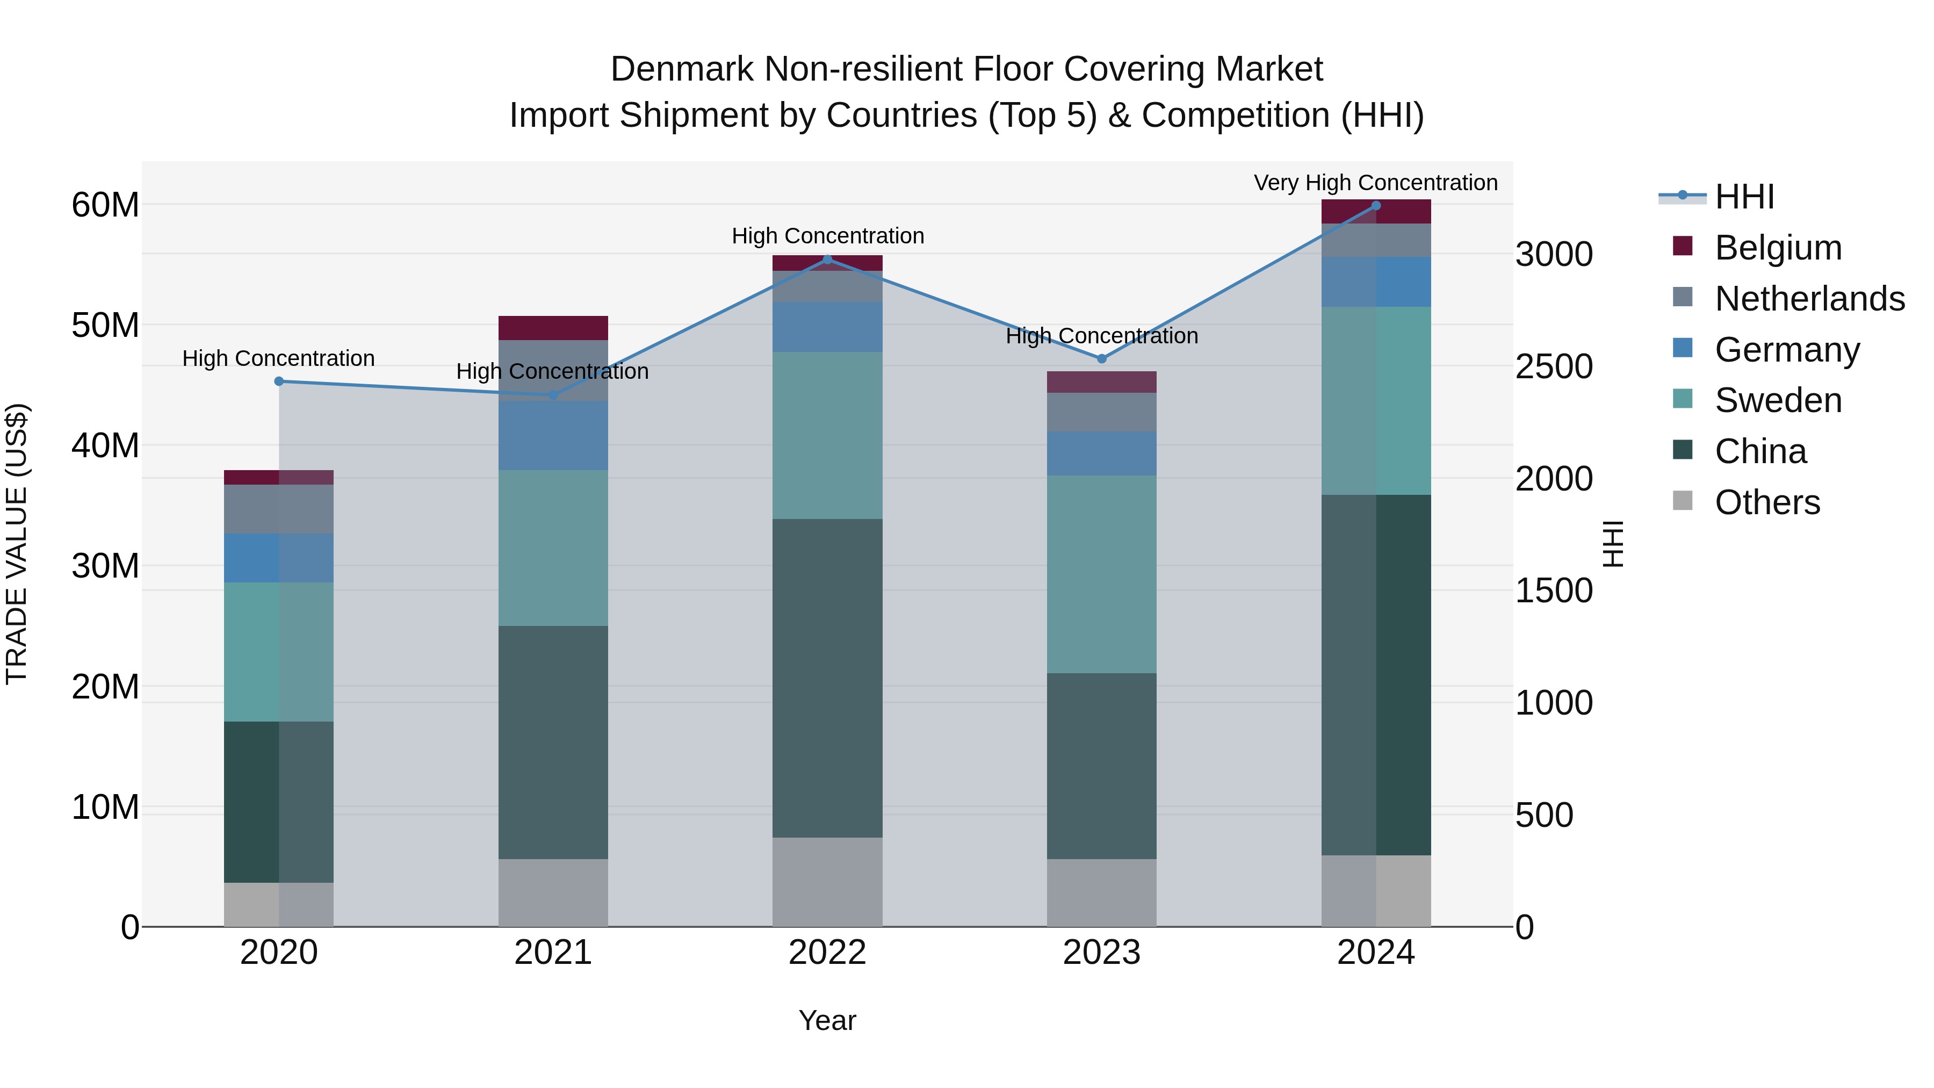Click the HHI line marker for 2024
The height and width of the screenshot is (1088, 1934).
pyautogui.click(x=1375, y=205)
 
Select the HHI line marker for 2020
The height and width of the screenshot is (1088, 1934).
pyautogui.click(x=278, y=381)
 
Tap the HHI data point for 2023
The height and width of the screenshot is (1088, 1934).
pyautogui.click(x=1101, y=359)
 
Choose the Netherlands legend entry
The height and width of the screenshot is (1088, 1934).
pyautogui.click(x=1809, y=299)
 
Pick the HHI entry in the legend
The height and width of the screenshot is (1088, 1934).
pyautogui.click(x=1744, y=197)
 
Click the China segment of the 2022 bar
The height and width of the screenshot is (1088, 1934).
pyautogui.click(x=827, y=678)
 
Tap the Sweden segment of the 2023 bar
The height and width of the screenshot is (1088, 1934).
pyautogui.click(x=1101, y=574)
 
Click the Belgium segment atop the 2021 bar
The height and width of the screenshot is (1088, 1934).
pyautogui.click(x=553, y=328)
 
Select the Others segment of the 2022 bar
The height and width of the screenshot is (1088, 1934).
pyautogui.click(x=827, y=882)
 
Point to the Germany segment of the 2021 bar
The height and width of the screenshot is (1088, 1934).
pyautogui.click(x=553, y=436)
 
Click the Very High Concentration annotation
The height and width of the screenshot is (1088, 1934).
pyautogui.click(x=1375, y=183)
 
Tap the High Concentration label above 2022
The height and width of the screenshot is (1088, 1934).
pyautogui.click(x=827, y=236)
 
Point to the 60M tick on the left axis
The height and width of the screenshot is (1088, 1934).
pyautogui.click(x=105, y=205)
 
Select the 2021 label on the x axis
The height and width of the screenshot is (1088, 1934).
pyautogui.click(x=553, y=953)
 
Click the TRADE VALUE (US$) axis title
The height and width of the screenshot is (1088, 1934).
pyautogui.click(x=17, y=544)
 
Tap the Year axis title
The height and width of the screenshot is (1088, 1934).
pyautogui.click(x=827, y=1020)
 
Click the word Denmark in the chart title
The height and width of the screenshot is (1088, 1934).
pyautogui.click(x=681, y=69)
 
